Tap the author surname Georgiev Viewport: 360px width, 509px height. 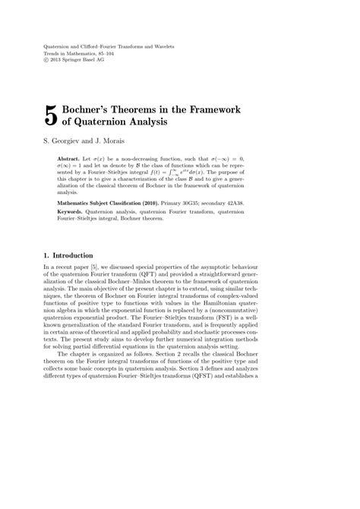click(65, 141)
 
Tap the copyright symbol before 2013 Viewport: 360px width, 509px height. click(46, 60)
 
